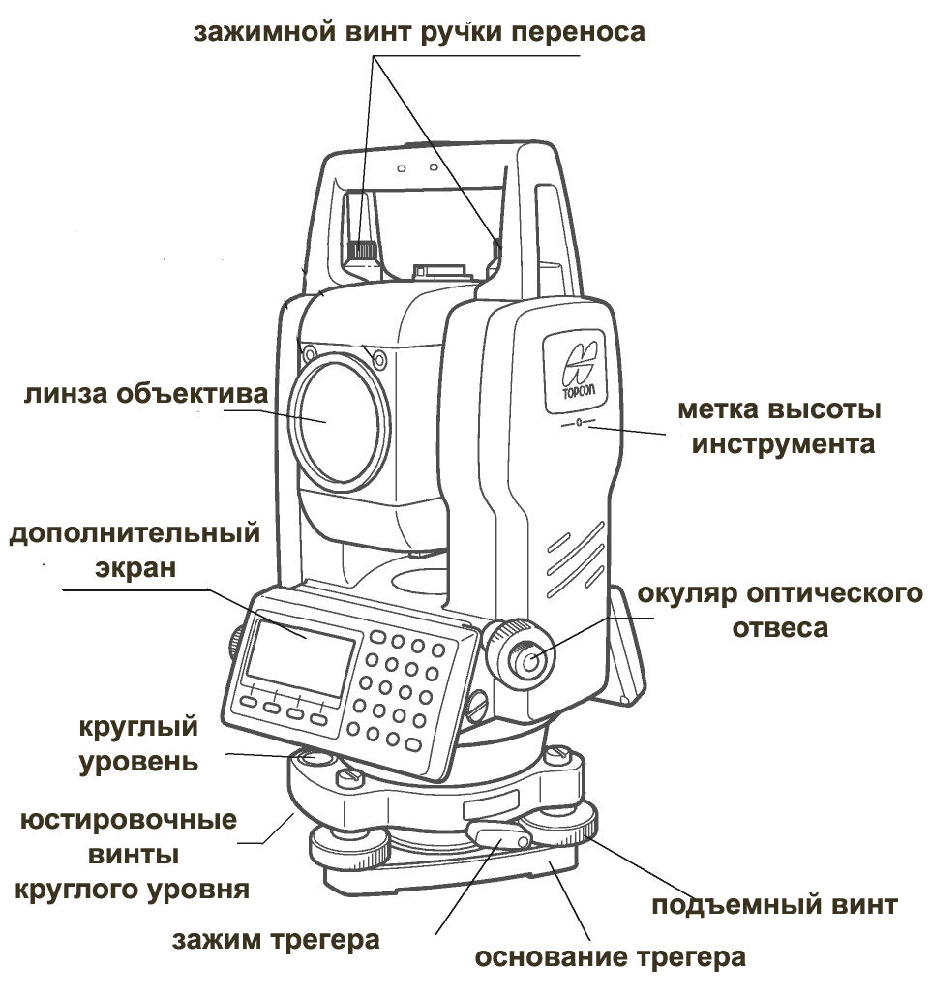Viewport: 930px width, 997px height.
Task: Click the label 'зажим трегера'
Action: click(x=276, y=940)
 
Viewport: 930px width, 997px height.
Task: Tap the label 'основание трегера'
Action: click(x=610, y=958)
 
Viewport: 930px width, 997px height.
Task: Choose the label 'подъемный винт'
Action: click(x=774, y=906)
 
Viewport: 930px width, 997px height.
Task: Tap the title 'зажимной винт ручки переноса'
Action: click(x=419, y=31)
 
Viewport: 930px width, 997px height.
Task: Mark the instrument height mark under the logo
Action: click(x=578, y=423)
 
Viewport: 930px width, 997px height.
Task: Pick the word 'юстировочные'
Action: click(x=129, y=821)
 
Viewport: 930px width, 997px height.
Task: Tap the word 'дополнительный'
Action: click(x=135, y=533)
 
